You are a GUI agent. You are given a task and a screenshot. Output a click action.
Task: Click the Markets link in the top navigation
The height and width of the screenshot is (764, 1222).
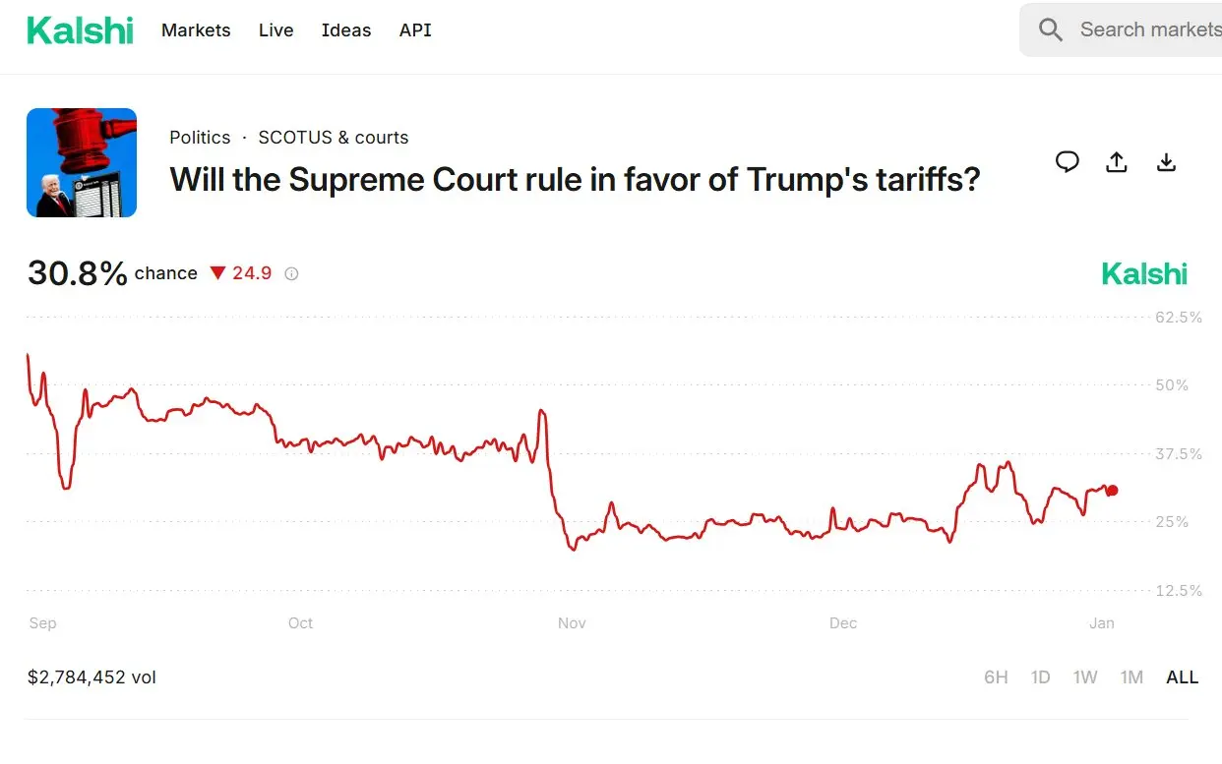tap(196, 30)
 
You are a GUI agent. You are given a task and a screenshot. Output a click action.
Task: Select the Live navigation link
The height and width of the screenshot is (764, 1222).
tap(275, 30)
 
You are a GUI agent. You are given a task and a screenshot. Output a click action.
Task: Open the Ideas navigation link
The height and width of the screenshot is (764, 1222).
tap(346, 30)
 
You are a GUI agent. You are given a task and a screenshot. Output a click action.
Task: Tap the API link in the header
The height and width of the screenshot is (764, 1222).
tap(415, 30)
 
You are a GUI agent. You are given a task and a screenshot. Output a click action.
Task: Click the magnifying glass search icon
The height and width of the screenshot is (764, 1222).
tap(1051, 30)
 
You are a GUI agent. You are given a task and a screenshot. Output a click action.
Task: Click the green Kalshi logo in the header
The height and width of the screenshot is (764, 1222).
tap(80, 30)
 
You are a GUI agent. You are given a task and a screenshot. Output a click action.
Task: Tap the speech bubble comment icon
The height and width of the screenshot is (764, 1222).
tap(1068, 162)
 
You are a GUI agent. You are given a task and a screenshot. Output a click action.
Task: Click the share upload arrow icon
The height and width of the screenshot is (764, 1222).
tap(1117, 162)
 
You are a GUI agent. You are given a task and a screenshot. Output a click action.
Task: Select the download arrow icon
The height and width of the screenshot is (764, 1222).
tap(1166, 162)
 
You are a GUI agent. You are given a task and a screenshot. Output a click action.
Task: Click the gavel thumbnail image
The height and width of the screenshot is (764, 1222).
tap(82, 162)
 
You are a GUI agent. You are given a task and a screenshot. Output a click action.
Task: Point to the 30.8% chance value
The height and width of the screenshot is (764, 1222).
tap(78, 273)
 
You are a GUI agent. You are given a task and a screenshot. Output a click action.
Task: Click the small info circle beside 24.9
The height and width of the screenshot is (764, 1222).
tap(291, 274)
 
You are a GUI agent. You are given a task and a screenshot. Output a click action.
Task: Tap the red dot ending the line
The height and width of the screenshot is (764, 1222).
tap(1112, 491)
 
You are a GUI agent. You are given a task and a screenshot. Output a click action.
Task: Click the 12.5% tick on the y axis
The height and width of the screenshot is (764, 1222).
tap(1177, 591)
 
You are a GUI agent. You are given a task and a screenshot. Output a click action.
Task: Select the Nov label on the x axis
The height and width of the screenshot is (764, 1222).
tap(572, 623)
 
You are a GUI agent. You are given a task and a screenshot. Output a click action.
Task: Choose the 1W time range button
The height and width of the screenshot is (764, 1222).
tap(1085, 677)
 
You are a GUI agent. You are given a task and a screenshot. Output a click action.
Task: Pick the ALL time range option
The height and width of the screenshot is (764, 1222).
tap(1182, 677)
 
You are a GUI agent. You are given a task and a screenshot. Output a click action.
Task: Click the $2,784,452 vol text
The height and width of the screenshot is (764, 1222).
tap(92, 677)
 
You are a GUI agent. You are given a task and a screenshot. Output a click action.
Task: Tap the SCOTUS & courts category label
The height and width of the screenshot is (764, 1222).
tap(334, 138)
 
